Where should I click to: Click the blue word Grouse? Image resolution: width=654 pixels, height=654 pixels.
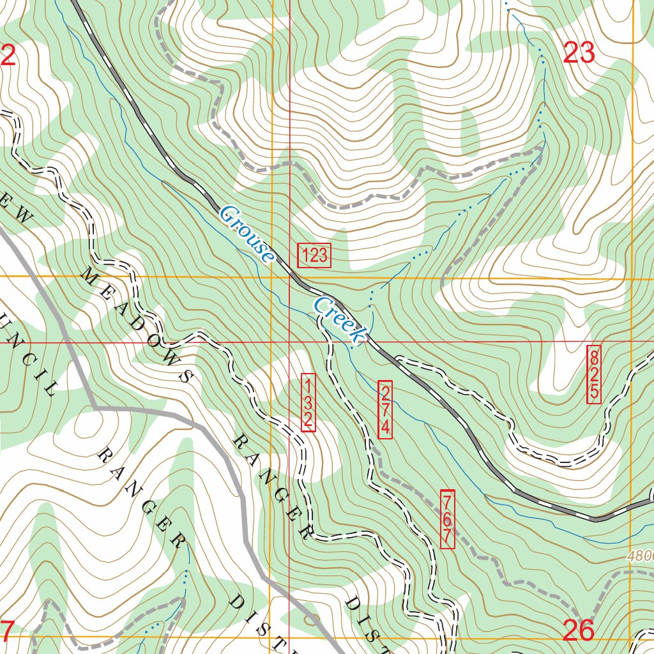click(247, 234)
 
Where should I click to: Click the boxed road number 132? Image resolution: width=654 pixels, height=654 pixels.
click(307, 403)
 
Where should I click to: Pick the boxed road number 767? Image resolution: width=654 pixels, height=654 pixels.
click(448, 519)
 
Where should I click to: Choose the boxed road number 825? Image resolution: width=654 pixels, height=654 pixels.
click(594, 374)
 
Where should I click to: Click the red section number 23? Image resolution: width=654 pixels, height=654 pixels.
click(579, 53)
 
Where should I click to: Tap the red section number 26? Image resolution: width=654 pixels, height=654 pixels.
click(579, 630)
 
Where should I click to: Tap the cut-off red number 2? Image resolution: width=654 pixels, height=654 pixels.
click(8, 56)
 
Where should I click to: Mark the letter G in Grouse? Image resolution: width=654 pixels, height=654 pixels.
click(227, 215)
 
